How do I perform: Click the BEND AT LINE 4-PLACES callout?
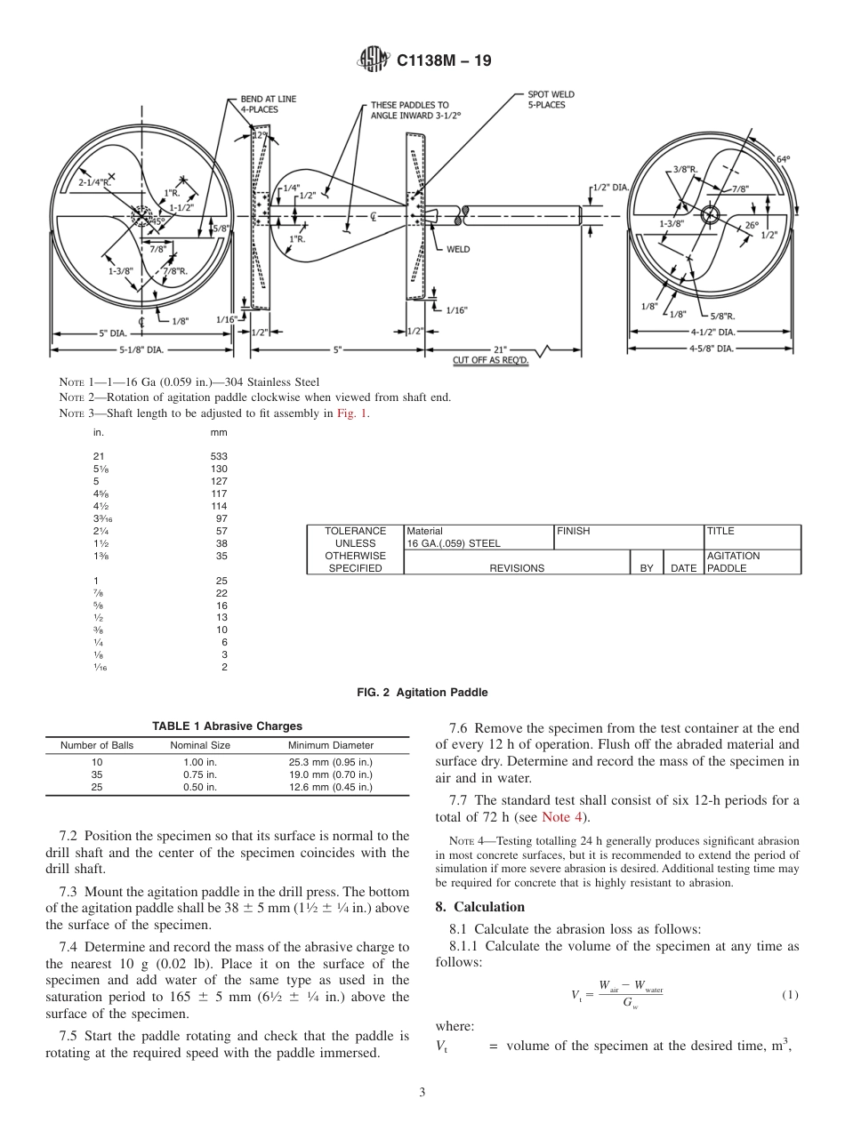pyautogui.click(x=269, y=104)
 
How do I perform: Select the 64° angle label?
pyautogui.click(x=784, y=159)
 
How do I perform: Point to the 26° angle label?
pyautogui.click(x=752, y=225)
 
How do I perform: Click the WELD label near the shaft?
pyautogui.click(x=458, y=249)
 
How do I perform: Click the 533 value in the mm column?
pyautogui.click(x=219, y=455)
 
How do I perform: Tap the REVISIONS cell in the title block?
pyautogui.click(x=517, y=568)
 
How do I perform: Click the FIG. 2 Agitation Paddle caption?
pyautogui.click(x=422, y=692)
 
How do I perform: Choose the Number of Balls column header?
pyautogui.click(x=97, y=745)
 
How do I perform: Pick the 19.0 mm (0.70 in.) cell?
pyautogui.click(x=331, y=774)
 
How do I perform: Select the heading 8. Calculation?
pyautogui.click(x=480, y=906)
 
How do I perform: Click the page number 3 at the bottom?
pyautogui.click(x=422, y=1092)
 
